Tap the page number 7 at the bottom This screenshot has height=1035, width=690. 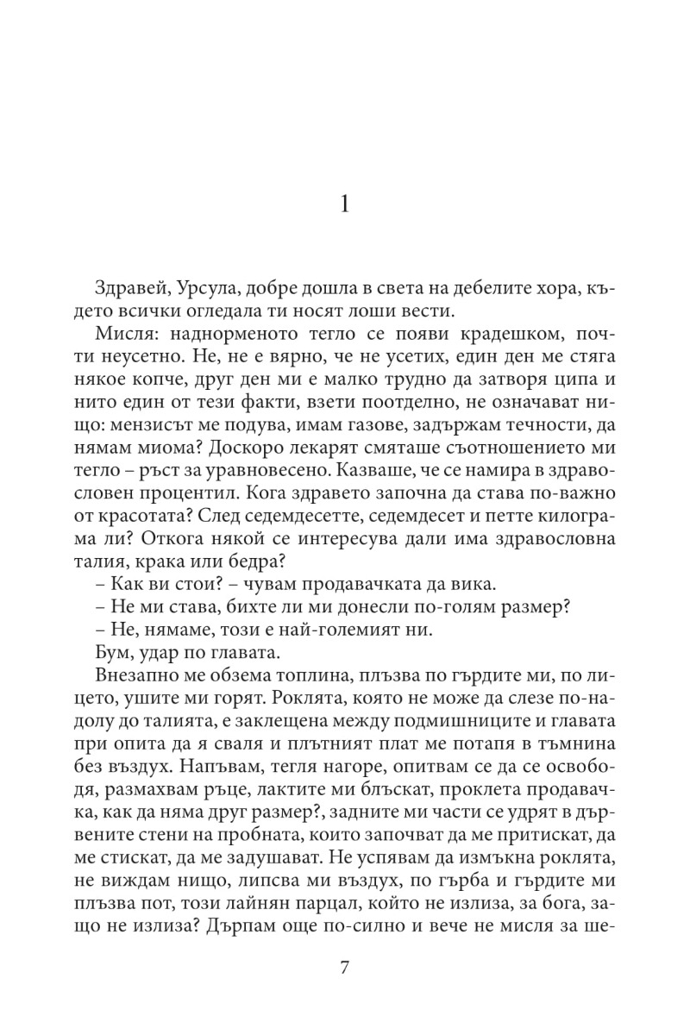(345, 967)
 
